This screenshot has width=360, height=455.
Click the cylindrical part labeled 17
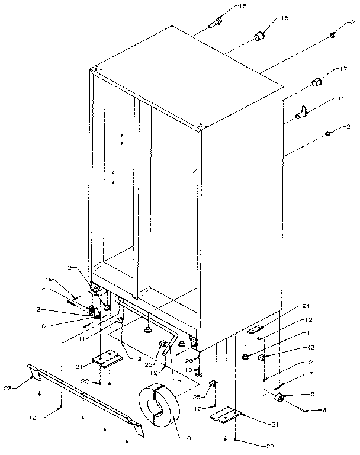click(317, 81)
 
